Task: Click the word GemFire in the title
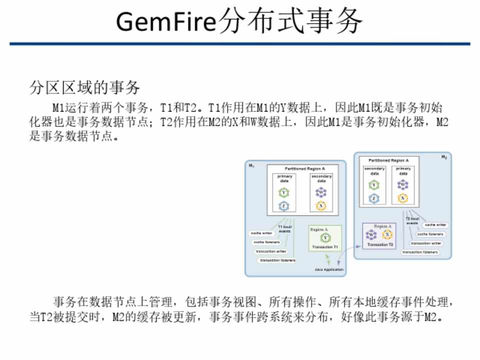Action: [x=167, y=21]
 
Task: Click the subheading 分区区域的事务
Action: [x=84, y=88]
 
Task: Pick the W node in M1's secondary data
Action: [x=321, y=192]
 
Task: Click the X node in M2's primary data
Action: [x=402, y=198]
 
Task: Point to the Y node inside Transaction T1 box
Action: [x=325, y=238]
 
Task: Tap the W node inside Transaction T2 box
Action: [x=371, y=234]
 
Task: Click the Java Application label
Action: [x=329, y=270]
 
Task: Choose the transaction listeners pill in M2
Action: [x=420, y=252]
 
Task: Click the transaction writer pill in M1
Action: [x=270, y=251]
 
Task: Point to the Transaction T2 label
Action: [x=380, y=245]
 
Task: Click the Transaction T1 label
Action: [x=325, y=247]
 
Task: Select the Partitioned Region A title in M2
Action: [x=388, y=160]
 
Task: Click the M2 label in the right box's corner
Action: [x=444, y=157]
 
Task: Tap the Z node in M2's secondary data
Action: [x=374, y=198]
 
